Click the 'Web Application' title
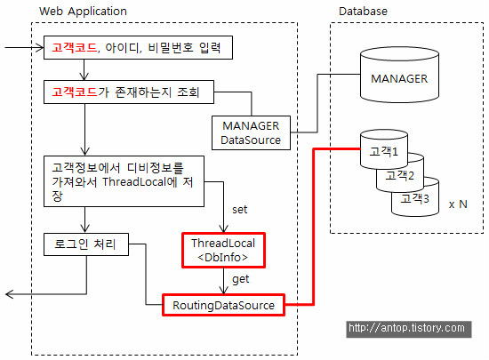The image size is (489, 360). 83,12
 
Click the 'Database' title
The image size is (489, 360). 363,12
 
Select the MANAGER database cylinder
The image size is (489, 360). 399,75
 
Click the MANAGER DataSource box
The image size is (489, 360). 251,133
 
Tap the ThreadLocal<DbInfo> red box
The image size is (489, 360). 223,250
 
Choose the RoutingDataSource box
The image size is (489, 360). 223,305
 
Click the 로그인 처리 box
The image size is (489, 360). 86,244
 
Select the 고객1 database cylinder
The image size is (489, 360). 384,149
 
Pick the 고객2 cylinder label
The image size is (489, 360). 399,175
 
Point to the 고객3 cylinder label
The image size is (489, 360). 415,198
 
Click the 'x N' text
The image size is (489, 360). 458,204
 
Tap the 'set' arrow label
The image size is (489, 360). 239,210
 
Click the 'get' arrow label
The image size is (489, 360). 240,279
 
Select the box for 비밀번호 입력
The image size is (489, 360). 138,47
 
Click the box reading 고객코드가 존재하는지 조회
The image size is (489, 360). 129,92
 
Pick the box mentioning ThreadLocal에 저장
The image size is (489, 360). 124,181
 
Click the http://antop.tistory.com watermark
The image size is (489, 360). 409,329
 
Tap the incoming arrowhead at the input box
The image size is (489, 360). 41,48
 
